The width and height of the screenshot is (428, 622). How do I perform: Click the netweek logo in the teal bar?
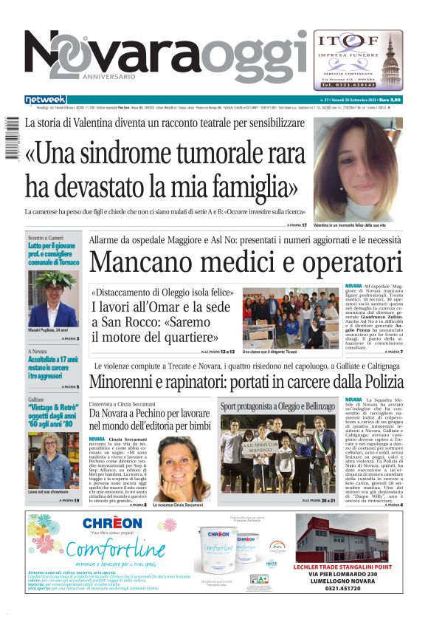tap(46, 99)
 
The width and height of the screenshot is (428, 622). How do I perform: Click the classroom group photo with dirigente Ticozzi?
tap(291, 316)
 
